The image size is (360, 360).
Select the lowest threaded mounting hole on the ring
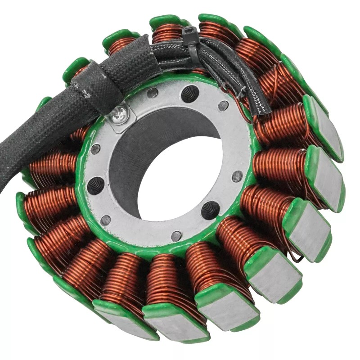click(210, 210)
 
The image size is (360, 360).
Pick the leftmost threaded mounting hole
click(95, 185)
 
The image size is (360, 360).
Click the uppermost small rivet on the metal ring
click(153, 93)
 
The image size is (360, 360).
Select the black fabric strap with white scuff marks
click(97, 83)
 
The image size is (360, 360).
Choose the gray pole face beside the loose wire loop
click(310, 229)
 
